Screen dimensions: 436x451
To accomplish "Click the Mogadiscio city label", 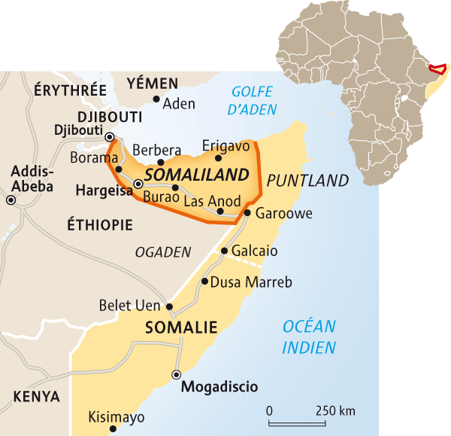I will click(219, 387).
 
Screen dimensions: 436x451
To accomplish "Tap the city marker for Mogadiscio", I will click(177, 374).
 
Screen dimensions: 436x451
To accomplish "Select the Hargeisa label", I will click(101, 192).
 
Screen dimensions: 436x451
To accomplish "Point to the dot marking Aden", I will click(156, 99).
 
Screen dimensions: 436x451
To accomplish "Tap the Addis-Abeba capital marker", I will click(11, 200).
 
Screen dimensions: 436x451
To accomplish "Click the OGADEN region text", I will click(163, 253).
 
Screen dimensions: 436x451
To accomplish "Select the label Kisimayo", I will click(117, 416).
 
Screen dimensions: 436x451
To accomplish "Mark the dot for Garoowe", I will click(247, 213).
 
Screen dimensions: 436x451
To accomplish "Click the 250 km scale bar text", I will click(336, 411).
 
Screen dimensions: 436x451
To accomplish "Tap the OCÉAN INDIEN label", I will click(309, 337).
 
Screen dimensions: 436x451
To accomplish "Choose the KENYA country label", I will click(37, 396).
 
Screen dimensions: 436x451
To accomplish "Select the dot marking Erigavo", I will click(219, 158).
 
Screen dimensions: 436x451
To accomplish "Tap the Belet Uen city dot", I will click(170, 306).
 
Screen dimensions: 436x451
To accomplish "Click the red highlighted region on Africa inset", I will click(435, 69).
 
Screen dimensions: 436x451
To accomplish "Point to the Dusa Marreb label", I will click(251, 282).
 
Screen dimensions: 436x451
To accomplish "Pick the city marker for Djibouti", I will click(110, 137).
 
